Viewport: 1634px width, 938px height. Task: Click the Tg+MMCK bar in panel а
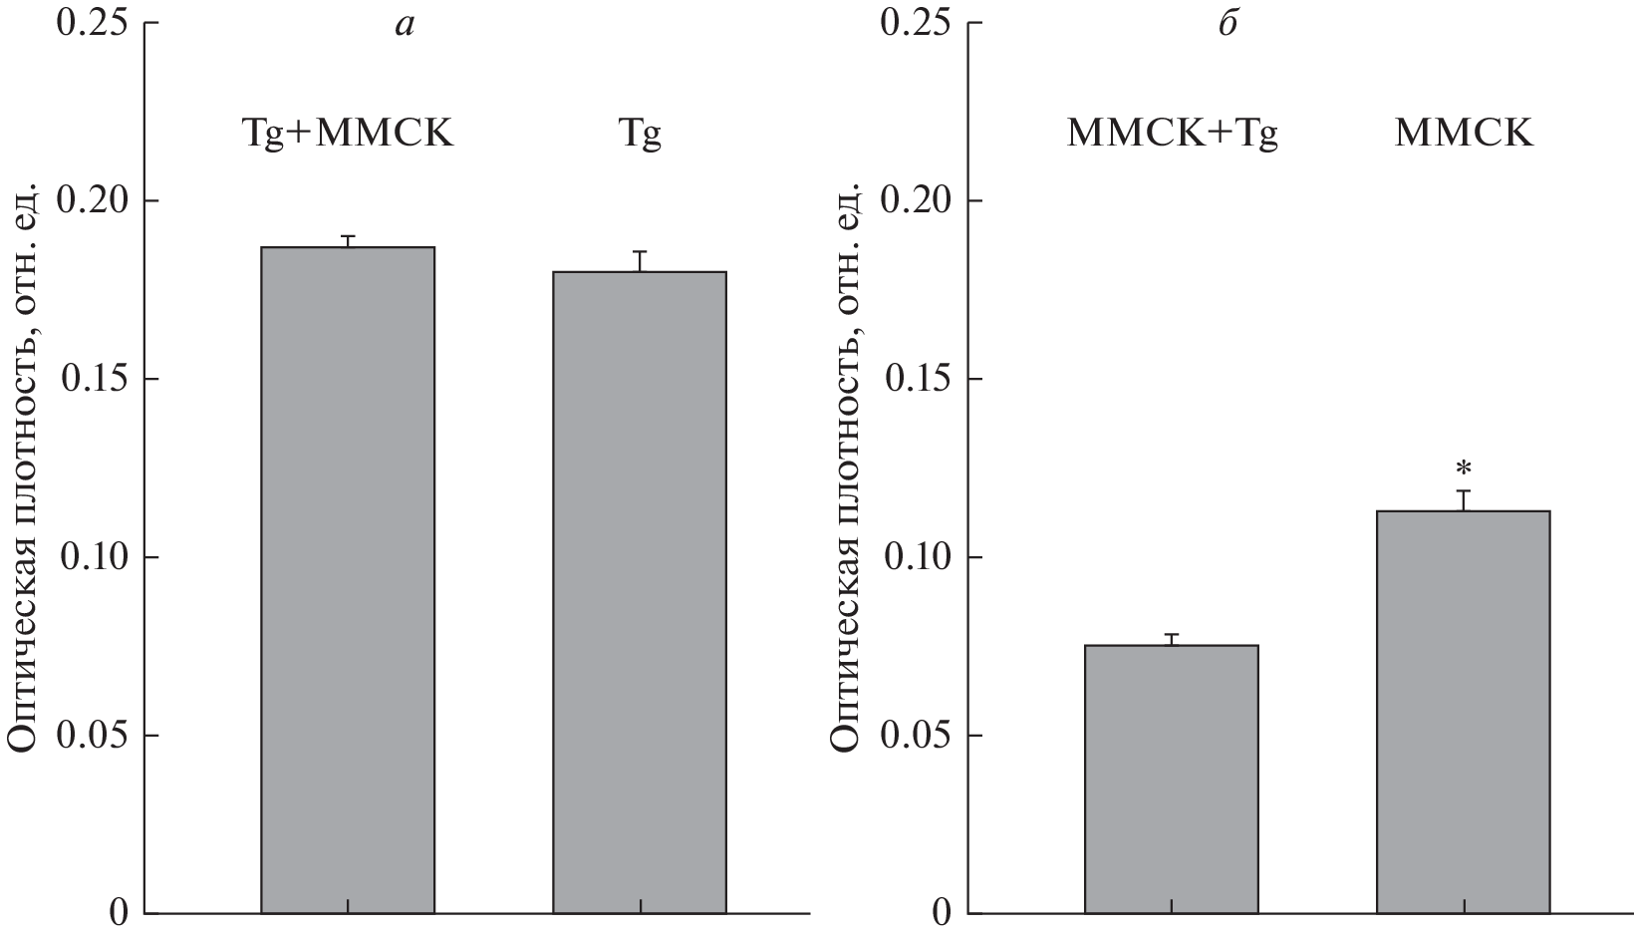[347, 578]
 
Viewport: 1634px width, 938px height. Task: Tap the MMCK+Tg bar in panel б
[1171, 779]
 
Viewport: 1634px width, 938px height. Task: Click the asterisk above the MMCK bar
[1463, 469]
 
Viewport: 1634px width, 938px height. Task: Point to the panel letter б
[1227, 24]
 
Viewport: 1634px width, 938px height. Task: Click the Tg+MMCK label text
[348, 134]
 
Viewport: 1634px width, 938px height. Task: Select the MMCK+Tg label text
[1172, 134]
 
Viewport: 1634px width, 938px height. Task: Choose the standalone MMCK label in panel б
[1464, 134]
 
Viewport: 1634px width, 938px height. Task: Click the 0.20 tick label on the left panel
[96, 201]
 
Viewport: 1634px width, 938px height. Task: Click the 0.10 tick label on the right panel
[920, 558]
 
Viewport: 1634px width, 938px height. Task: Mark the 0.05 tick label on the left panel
[96, 737]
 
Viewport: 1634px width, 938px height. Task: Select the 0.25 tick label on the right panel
[920, 23]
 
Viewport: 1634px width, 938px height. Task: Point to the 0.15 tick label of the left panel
[96, 380]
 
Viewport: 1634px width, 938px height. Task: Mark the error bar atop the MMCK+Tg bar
[1171, 639]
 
